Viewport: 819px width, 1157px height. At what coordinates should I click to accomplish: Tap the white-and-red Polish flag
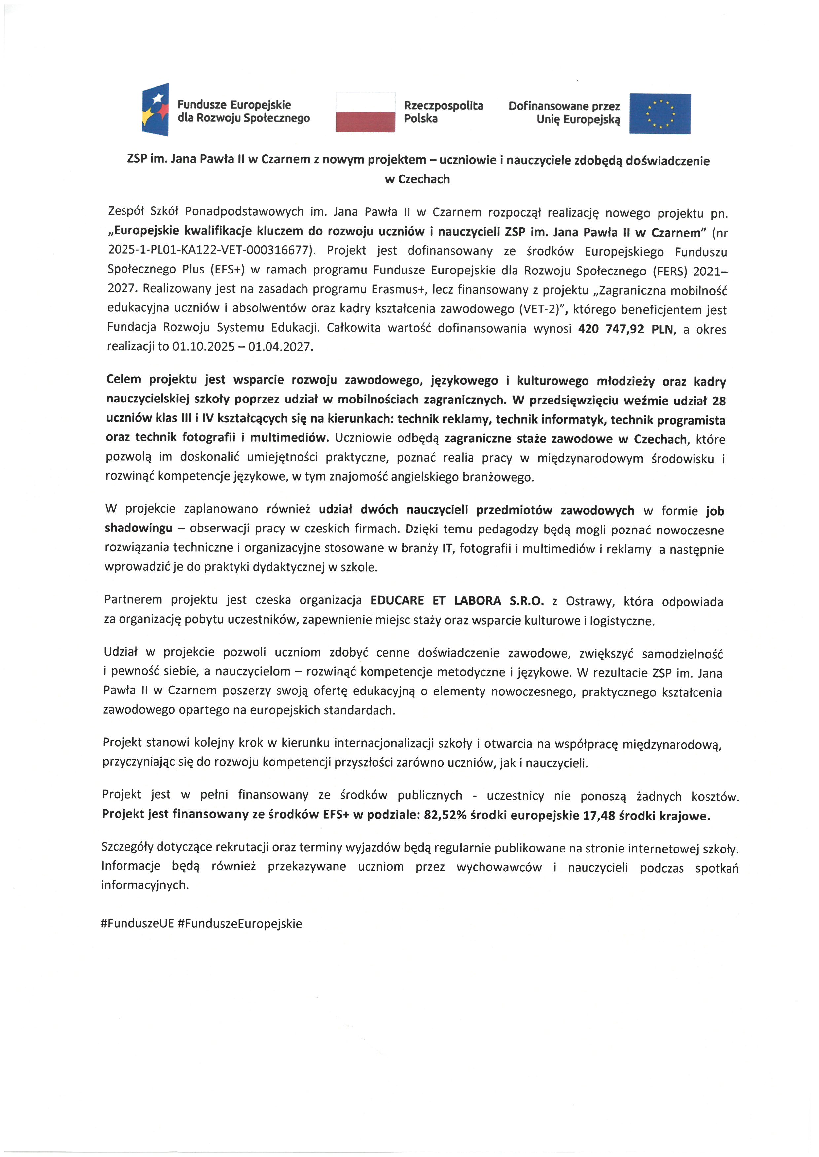click(365, 112)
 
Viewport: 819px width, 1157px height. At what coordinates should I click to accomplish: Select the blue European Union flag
click(659, 113)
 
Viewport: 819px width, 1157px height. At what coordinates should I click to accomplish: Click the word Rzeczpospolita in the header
click(443, 105)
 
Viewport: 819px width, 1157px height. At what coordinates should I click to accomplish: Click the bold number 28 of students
click(719, 401)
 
